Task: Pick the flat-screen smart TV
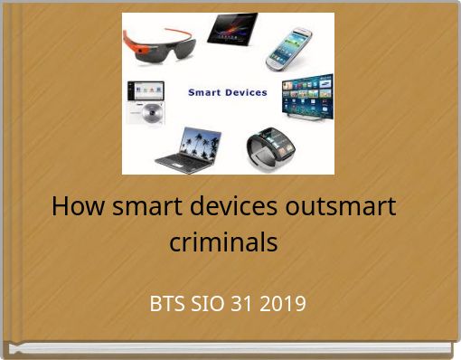[x=306, y=96]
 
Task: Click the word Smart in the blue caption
[x=205, y=92]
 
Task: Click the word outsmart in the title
[x=342, y=206]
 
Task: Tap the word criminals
[x=224, y=242]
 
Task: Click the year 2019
[x=283, y=303]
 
